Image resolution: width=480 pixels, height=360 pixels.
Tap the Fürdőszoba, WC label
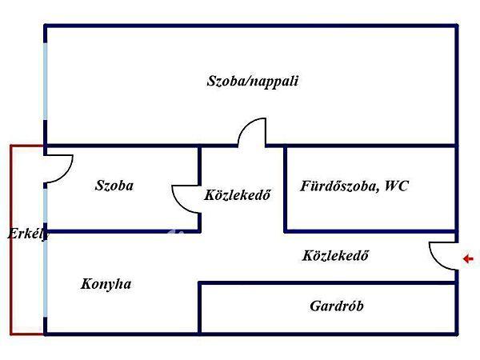click(x=354, y=186)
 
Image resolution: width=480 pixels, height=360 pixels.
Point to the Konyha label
click(x=106, y=284)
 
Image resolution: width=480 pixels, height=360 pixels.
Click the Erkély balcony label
click(x=27, y=234)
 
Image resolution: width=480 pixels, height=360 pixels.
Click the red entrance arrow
click(x=469, y=258)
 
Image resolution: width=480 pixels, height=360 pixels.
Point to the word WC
click(x=396, y=186)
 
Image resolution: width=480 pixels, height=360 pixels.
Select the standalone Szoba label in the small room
click(x=114, y=186)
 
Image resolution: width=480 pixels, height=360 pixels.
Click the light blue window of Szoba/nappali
click(x=46, y=88)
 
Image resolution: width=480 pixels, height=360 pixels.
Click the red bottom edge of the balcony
click(x=27, y=333)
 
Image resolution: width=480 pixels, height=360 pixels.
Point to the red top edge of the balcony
click(x=27, y=145)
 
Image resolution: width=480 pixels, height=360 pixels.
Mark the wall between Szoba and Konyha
click(x=120, y=232)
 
